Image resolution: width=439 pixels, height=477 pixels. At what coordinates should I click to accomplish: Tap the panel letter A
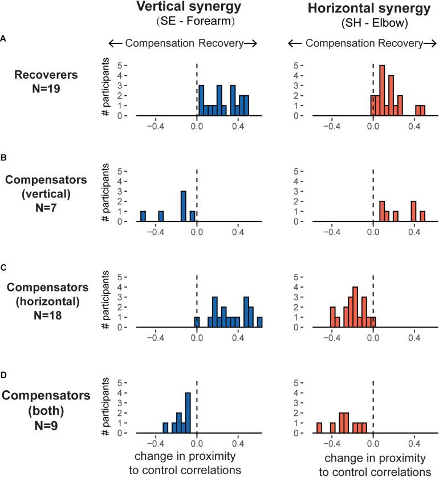pos(5,38)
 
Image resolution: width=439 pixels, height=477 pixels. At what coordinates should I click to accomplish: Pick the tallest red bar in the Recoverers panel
pos(382,91)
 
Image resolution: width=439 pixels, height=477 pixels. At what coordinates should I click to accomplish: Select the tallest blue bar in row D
pos(188,413)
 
